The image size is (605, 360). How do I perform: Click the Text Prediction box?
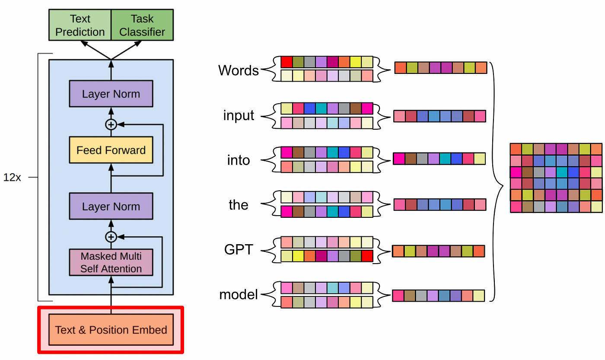[x=80, y=25]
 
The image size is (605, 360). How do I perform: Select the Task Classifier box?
[x=142, y=25]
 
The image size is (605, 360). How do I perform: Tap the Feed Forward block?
[x=111, y=150]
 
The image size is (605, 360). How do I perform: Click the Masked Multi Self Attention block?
[x=111, y=262]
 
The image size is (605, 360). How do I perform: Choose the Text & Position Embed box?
[x=111, y=330]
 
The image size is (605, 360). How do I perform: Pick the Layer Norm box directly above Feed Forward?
[x=111, y=94]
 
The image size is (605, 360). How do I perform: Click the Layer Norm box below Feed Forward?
[x=111, y=206]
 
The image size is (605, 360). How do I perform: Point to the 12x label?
[x=12, y=178]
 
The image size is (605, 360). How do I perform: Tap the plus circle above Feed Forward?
[x=111, y=124]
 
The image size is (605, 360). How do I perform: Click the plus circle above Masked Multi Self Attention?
[x=111, y=237]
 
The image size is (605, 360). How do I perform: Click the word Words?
[x=238, y=70]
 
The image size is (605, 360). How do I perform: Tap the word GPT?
[x=238, y=250]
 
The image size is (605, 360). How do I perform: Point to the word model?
[x=238, y=295]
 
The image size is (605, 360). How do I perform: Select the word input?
[x=239, y=116]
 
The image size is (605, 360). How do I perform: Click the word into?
[x=239, y=160]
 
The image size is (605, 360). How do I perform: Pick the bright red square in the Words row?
[x=287, y=62]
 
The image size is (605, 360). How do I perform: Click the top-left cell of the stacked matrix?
[x=516, y=149]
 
